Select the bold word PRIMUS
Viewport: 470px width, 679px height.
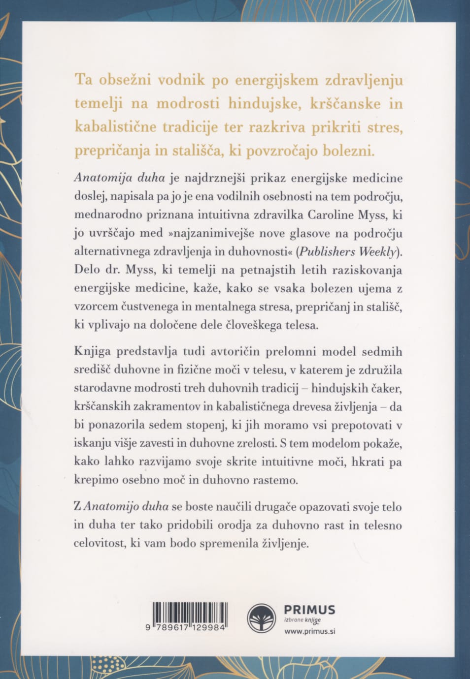tap(309, 610)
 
